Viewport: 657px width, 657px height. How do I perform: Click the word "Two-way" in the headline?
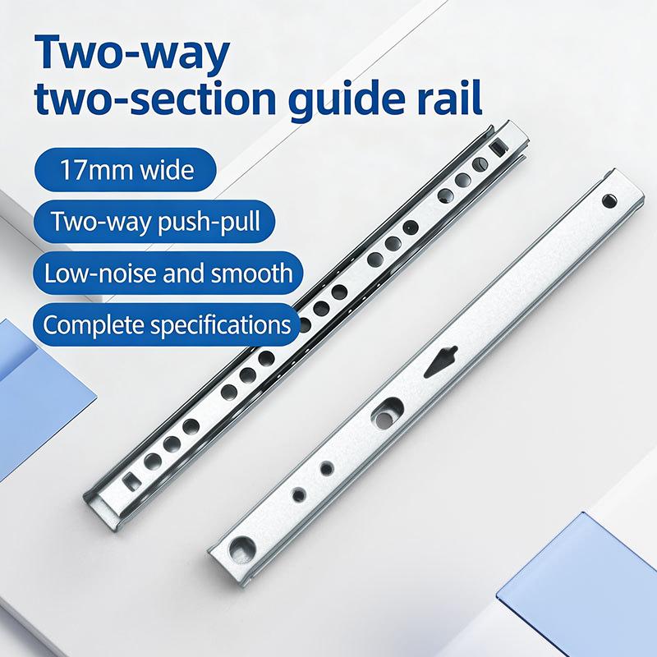[x=132, y=53]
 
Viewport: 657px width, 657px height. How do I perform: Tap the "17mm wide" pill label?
[x=126, y=170]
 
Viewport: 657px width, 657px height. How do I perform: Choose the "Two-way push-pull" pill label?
[x=154, y=221]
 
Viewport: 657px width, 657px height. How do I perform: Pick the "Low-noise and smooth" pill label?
[x=168, y=273]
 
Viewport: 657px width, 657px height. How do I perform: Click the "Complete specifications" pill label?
[x=167, y=324]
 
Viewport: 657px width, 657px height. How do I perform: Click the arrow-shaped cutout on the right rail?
[x=440, y=361]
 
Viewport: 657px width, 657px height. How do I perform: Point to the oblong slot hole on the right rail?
[x=387, y=414]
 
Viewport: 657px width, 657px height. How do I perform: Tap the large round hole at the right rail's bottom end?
[x=241, y=549]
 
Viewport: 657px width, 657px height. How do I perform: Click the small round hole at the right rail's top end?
[x=609, y=201]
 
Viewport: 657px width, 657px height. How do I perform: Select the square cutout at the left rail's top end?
[x=498, y=148]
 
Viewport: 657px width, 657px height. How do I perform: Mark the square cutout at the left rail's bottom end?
[x=133, y=481]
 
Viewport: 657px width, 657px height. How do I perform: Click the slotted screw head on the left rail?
[x=480, y=164]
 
